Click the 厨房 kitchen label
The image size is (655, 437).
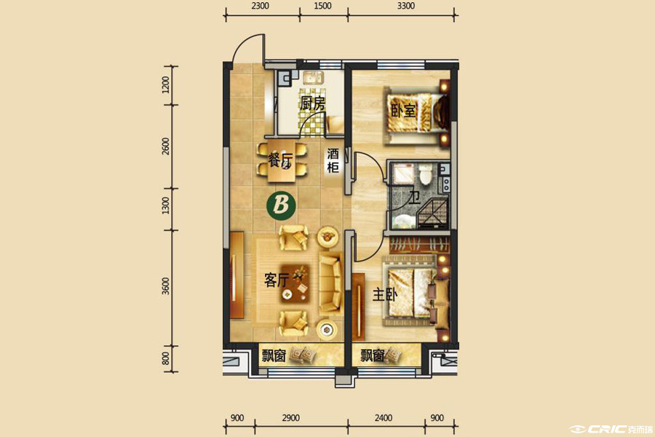(312, 103)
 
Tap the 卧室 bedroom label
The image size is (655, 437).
(403, 111)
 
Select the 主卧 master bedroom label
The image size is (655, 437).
(385, 295)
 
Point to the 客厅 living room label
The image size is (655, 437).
(277, 280)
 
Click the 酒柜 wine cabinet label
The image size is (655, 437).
(333, 160)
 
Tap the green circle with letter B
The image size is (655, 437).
(281, 205)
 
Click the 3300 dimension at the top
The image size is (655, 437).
(405, 6)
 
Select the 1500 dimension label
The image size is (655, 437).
(322, 6)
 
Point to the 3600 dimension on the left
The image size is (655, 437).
(166, 286)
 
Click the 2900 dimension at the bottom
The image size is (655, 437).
(290, 418)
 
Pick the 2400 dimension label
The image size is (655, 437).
(384, 418)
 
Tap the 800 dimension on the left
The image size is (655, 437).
(166, 358)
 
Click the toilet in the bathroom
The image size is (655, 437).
(425, 174)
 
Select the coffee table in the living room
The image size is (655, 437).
(295, 283)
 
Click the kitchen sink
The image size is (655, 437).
(313, 77)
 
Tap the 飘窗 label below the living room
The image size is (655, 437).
(274, 356)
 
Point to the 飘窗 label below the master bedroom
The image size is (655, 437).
(372, 356)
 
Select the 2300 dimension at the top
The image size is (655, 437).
(261, 6)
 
